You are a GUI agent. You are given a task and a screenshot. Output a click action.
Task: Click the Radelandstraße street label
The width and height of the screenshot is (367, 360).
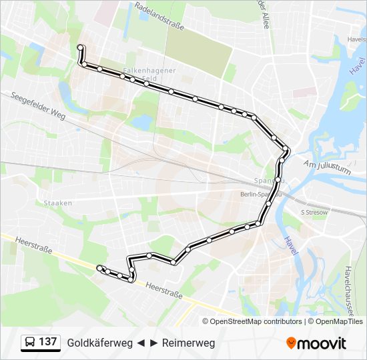158,15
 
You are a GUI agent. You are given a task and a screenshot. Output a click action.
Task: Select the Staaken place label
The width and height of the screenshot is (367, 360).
58,203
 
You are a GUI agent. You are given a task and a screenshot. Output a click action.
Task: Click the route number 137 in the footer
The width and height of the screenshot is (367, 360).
47,342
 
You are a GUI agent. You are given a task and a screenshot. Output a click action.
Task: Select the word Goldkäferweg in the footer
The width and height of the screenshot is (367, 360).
99,343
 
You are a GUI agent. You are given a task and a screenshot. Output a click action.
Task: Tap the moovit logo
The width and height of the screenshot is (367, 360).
317,343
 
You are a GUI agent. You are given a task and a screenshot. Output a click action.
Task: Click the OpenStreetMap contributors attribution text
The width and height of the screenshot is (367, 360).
256,321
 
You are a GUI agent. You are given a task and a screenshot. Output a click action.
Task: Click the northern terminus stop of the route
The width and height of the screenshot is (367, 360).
81,47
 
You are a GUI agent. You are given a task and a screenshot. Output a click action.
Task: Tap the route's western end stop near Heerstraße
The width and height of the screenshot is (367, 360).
100,268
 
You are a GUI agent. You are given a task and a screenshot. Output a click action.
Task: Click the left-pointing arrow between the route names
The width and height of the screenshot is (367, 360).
141,343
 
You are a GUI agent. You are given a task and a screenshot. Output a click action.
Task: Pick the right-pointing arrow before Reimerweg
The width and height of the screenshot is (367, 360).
154,343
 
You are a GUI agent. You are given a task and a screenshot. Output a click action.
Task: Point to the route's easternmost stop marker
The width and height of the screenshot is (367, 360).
286,149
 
